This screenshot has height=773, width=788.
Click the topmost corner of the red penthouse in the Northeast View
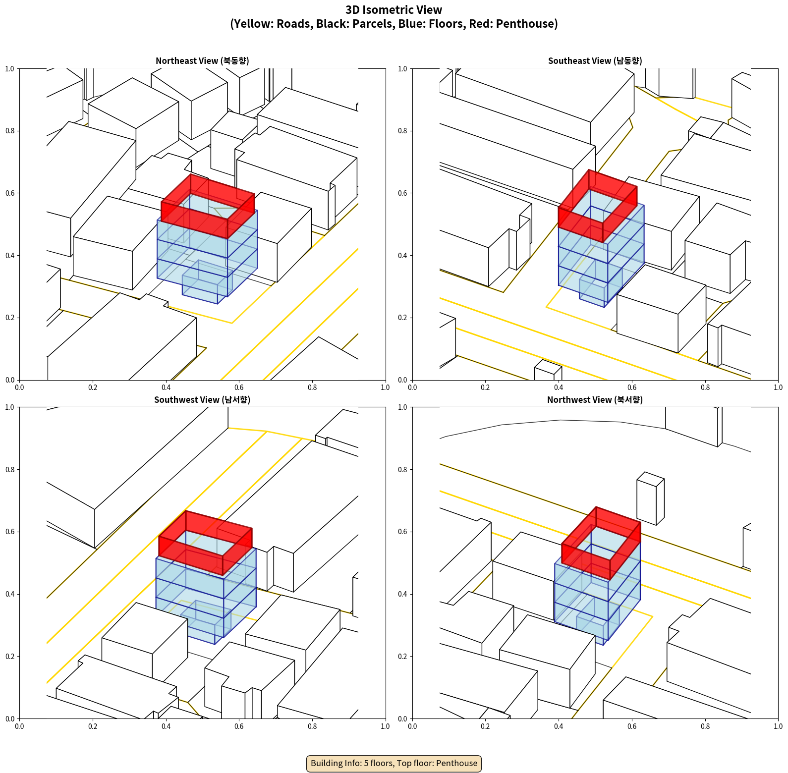click(191, 174)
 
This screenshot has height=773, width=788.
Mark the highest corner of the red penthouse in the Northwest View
click(596, 507)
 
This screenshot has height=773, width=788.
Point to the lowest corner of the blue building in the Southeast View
click(604, 307)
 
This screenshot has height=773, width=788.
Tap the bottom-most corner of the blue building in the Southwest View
click(215, 644)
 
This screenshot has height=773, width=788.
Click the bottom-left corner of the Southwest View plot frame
click(19, 718)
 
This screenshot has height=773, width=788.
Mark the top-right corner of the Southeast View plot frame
click(778, 68)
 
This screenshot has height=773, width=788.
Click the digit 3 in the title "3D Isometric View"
click(348, 10)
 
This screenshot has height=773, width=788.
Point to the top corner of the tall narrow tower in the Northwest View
click(644, 472)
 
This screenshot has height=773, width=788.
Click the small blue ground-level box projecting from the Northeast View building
click(207, 282)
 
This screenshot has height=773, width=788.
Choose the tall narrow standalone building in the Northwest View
click(650, 498)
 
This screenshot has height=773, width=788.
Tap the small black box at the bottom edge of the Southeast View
click(548, 371)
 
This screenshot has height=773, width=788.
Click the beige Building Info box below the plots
click(394, 763)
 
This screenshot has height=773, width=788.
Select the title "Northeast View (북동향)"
click(202, 60)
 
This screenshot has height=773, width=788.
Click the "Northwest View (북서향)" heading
click(595, 399)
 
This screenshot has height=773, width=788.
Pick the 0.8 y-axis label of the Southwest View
click(10, 469)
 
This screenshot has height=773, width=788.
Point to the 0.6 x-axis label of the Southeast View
click(632, 387)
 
